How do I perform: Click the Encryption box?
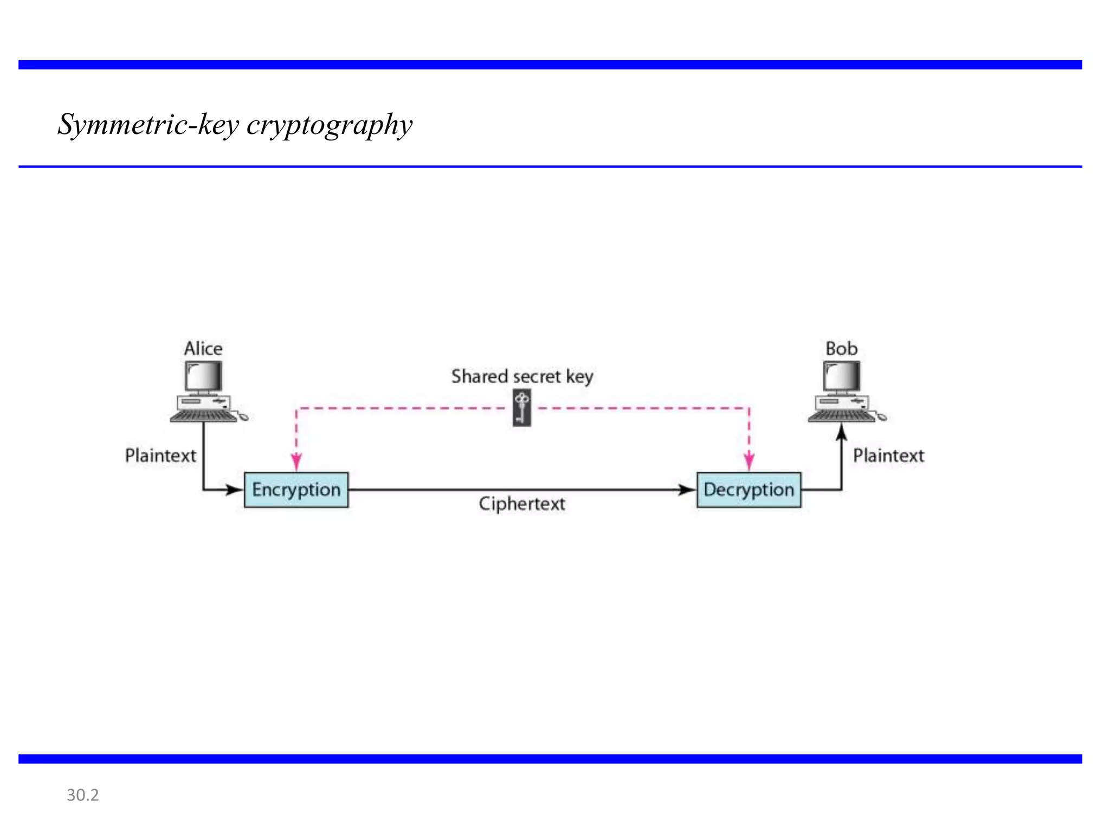click(x=296, y=490)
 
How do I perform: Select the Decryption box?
click(x=748, y=490)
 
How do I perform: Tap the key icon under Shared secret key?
click(x=522, y=409)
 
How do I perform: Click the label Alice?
click(x=203, y=349)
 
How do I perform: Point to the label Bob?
click(x=841, y=349)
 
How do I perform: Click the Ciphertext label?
click(x=522, y=504)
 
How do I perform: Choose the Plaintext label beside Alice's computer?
click(x=160, y=456)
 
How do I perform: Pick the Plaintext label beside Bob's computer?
click(x=888, y=456)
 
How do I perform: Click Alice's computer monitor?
click(x=203, y=376)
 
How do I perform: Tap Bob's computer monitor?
click(x=841, y=376)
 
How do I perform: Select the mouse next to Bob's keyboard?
click(x=882, y=417)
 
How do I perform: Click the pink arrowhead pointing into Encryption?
click(x=296, y=462)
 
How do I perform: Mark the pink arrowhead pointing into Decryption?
click(x=749, y=462)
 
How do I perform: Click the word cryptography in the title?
click(x=330, y=125)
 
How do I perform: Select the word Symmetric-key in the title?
click(x=149, y=125)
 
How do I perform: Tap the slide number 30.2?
click(x=82, y=795)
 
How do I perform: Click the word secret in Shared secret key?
click(x=537, y=376)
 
